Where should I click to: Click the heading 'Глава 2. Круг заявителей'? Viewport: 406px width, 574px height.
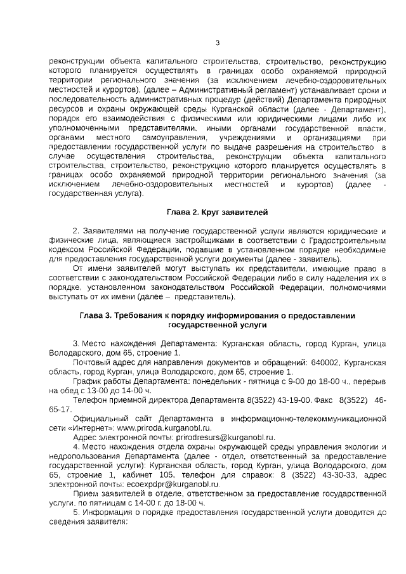217,211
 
